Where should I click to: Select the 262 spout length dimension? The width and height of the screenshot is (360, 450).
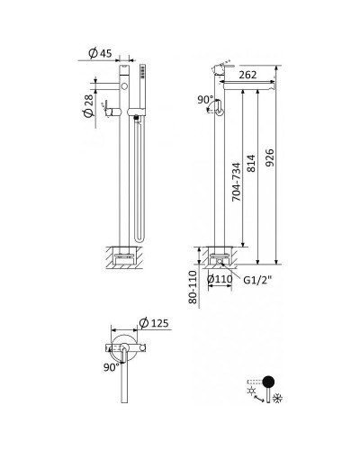coord(251,74)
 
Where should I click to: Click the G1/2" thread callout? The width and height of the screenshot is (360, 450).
coord(258,280)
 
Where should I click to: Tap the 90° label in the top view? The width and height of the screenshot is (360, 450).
coord(111,366)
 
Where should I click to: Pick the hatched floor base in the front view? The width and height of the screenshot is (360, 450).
coord(124,256)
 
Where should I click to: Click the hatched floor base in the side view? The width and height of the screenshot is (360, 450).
coord(218,256)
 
